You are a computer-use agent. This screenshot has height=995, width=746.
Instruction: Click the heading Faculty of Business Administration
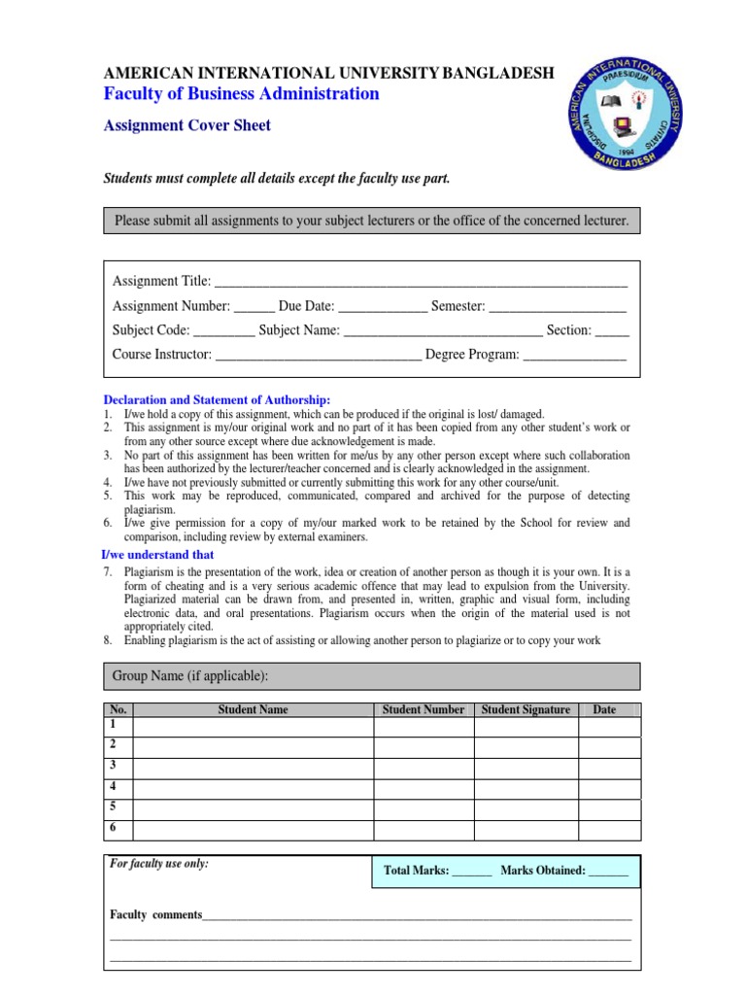pyautogui.click(x=242, y=94)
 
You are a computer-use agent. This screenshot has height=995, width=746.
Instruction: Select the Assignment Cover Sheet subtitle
pyautogui.click(x=187, y=125)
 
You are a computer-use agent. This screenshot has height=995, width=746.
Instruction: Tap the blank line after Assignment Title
pyautogui.click(x=420, y=283)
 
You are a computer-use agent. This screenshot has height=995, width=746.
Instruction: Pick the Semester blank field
pyautogui.click(x=558, y=307)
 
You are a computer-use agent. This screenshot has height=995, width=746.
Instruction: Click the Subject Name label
pyautogui.click(x=299, y=330)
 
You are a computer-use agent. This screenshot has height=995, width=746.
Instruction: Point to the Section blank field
pyautogui.click(x=612, y=331)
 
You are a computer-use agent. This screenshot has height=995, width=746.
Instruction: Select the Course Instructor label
pyautogui.click(x=161, y=355)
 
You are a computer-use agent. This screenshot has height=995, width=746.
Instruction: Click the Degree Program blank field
pyautogui.click(x=575, y=356)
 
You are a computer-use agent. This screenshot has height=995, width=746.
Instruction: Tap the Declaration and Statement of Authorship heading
pyautogui.click(x=218, y=400)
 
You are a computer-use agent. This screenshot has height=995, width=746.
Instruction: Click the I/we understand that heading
pyautogui.click(x=158, y=555)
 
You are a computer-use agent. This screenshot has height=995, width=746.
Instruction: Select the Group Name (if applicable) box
pyautogui.click(x=372, y=676)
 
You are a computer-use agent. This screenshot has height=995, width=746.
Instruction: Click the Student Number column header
pyautogui.click(x=424, y=710)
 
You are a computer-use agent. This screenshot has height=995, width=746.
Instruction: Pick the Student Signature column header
pyautogui.click(x=526, y=710)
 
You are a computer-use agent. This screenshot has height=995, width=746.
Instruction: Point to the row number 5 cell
pyautogui.click(x=117, y=808)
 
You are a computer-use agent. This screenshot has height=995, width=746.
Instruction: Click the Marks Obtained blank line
pyautogui.click(x=608, y=873)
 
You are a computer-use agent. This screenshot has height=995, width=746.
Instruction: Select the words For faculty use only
pyautogui.click(x=159, y=863)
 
